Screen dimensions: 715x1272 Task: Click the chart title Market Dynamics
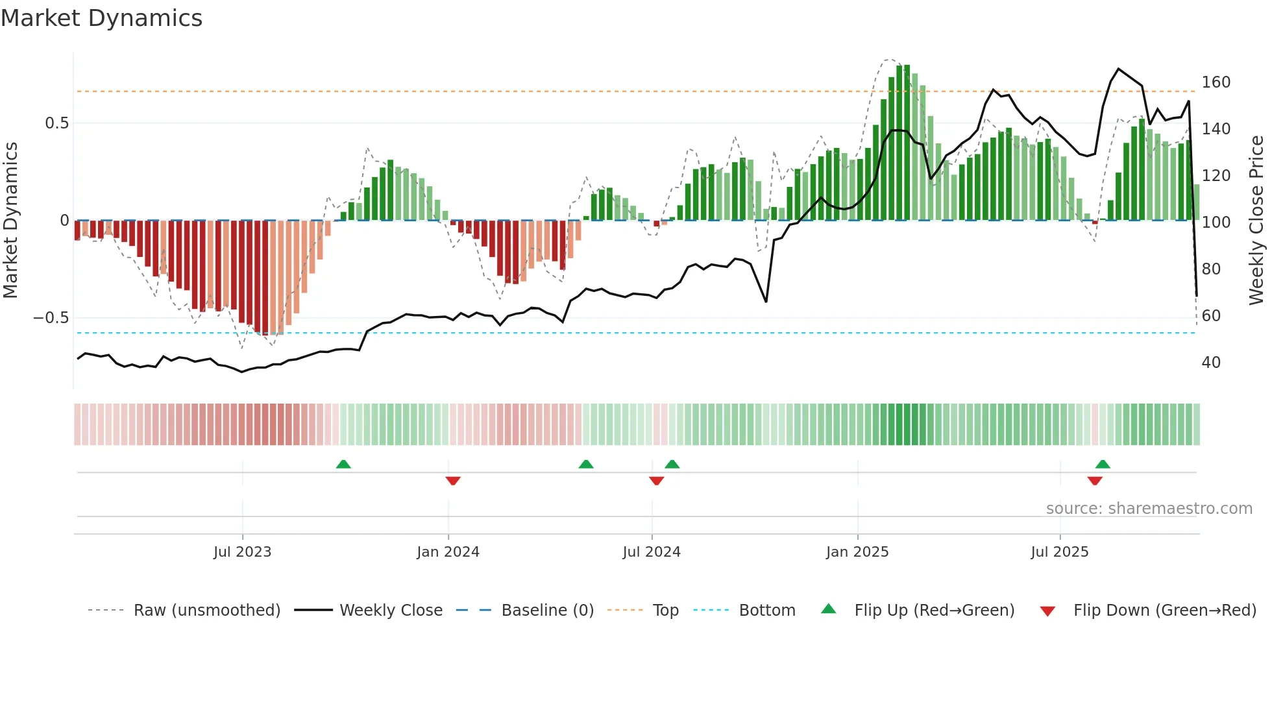[x=101, y=18]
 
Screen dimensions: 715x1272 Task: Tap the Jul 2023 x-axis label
[x=242, y=552]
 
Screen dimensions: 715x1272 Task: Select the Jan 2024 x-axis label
[x=448, y=552]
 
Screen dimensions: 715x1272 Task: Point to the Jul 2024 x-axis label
[x=652, y=552]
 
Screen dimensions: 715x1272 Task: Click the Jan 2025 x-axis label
[x=857, y=552]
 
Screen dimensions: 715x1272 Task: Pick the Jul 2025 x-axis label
[x=1060, y=552]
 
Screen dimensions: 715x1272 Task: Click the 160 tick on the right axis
[x=1216, y=82]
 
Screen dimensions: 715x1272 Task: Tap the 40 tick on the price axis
[x=1211, y=363]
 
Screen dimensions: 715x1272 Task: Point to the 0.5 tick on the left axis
[x=56, y=123]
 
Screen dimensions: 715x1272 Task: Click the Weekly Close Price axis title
[x=1256, y=221]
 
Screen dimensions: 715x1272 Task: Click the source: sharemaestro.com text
[x=1149, y=509]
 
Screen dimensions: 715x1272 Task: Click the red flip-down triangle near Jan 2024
[x=453, y=481]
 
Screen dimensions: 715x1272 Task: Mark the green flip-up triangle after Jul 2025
[x=1103, y=464]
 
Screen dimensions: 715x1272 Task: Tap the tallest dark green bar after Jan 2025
[x=907, y=143]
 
